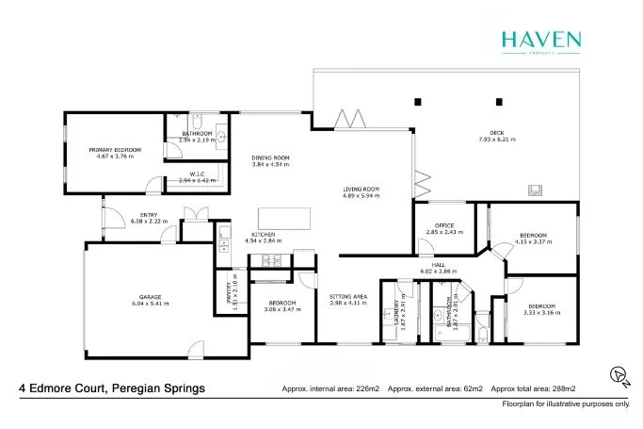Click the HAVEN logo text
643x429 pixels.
540,39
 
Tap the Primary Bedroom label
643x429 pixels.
115,150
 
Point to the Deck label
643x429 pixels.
496,132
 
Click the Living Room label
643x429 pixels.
360,190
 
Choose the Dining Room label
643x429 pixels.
269,157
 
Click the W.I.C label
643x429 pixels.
198,173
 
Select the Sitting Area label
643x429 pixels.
348,297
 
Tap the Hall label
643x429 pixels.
439,265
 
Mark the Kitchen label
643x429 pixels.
263,234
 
